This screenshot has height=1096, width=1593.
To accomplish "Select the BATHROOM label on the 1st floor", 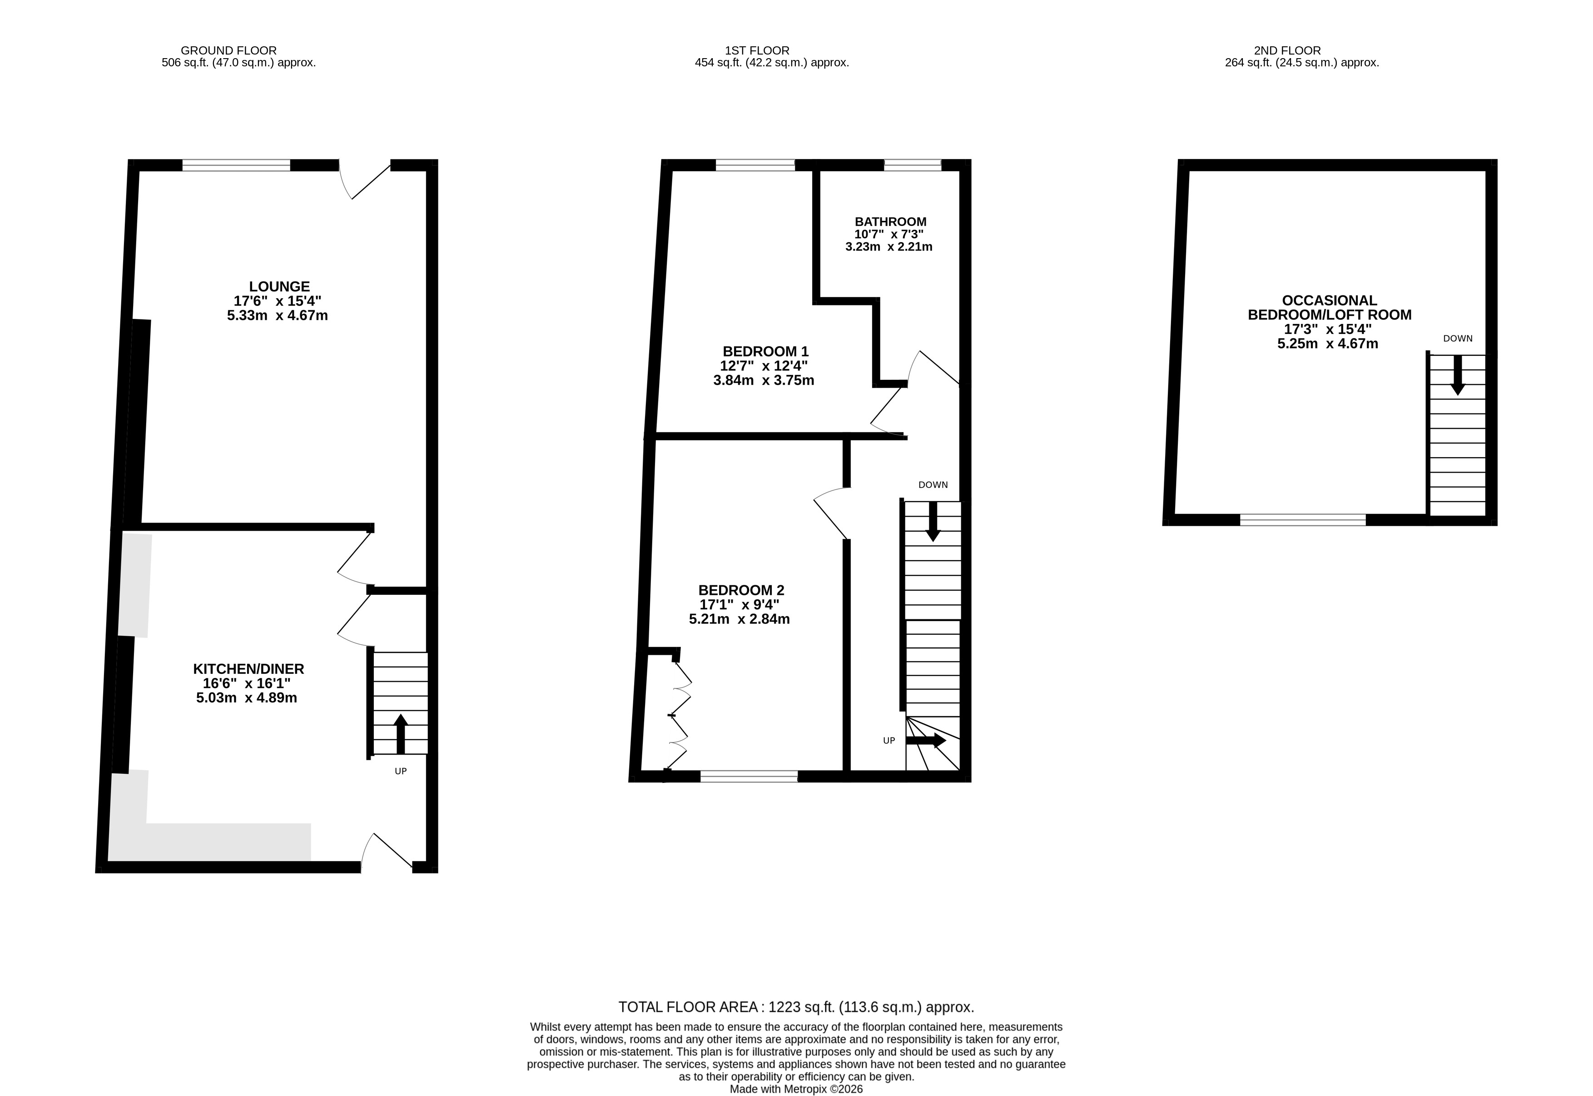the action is click(890, 222).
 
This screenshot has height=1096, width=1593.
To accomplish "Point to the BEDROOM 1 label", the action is click(765, 352).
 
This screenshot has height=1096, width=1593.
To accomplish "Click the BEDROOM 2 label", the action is click(741, 590).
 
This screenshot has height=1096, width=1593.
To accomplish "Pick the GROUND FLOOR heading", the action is click(228, 50).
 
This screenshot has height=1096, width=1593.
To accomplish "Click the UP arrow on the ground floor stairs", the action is click(400, 734).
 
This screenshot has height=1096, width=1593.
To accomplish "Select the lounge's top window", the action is click(236, 165).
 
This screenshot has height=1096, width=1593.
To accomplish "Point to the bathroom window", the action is click(913, 165).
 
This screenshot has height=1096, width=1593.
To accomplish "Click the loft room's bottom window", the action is click(1303, 520).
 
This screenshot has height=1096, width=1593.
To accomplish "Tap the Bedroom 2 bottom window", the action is click(749, 777).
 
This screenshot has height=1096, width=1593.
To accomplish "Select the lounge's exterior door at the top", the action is click(365, 180).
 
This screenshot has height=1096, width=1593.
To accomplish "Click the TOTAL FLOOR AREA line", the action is click(796, 1007).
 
